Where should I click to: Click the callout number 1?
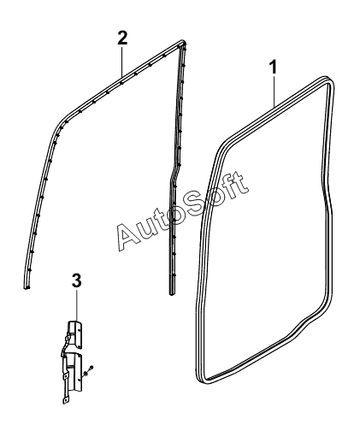pos(273,68)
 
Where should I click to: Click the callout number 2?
pos(122,38)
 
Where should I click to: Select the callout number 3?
pos(77,280)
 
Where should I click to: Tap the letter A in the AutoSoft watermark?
pos(129,236)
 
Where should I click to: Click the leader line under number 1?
pos(274,91)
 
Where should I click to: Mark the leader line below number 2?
pos(122,62)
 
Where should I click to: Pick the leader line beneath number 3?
pos(77,305)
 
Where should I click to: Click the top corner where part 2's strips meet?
pos(183,43)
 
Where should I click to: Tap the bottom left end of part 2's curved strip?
pos(27,286)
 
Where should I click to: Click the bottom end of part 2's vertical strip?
pos(172,292)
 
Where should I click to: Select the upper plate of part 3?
pos(75,334)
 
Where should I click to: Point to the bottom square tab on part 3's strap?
pos(66,400)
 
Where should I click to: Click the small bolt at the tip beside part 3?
pos(91,367)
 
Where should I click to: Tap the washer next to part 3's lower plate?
pos(86,373)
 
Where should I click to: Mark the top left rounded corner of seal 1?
pos(221,146)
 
